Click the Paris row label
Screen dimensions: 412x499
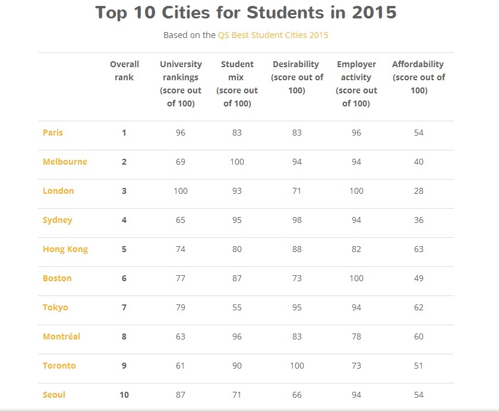point(52,133)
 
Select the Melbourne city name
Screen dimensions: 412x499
point(65,162)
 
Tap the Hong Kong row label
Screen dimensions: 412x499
point(65,249)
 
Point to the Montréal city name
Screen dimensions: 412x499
point(61,336)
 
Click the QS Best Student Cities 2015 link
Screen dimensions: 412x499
point(273,35)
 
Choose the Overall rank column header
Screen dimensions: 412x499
point(124,71)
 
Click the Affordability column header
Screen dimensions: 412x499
point(418,77)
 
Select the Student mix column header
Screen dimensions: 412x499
point(237,84)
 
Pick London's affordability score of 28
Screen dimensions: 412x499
point(419,191)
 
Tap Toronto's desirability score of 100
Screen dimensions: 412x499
point(296,366)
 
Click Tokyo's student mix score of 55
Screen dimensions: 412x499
point(237,307)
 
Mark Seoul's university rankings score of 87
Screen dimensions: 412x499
point(181,395)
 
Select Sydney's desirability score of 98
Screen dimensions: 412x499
point(296,220)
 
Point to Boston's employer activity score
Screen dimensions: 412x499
point(356,278)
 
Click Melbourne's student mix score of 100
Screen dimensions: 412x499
point(237,162)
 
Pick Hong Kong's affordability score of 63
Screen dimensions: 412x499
point(419,249)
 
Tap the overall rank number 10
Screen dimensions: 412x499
point(124,395)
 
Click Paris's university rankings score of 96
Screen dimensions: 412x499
point(181,133)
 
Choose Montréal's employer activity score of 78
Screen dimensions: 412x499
point(356,336)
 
